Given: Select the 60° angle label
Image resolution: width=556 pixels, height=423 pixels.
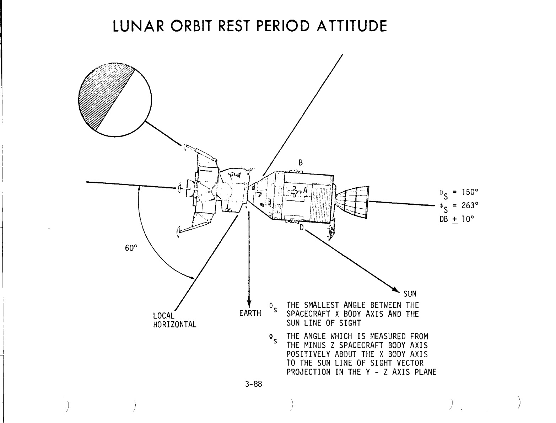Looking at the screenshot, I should click(x=131, y=248).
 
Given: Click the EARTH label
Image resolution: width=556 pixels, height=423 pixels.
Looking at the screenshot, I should click(x=250, y=314).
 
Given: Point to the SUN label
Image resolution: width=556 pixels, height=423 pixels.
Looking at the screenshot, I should click(x=410, y=294).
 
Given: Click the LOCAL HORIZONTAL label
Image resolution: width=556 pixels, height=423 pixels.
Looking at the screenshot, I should click(x=174, y=320).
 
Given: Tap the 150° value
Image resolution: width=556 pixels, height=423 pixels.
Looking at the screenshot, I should click(x=470, y=192).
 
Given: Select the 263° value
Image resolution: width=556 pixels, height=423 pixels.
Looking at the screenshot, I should click(x=470, y=205).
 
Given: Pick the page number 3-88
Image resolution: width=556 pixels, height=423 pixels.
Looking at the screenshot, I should click(x=253, y=384).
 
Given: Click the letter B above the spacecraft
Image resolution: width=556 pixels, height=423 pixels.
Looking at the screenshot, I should click(x=301, y=163).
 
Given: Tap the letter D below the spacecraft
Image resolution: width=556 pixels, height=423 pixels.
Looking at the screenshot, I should click(x=302, y=227).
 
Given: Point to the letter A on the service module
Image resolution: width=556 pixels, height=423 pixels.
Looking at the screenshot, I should click(x=305, y=190).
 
